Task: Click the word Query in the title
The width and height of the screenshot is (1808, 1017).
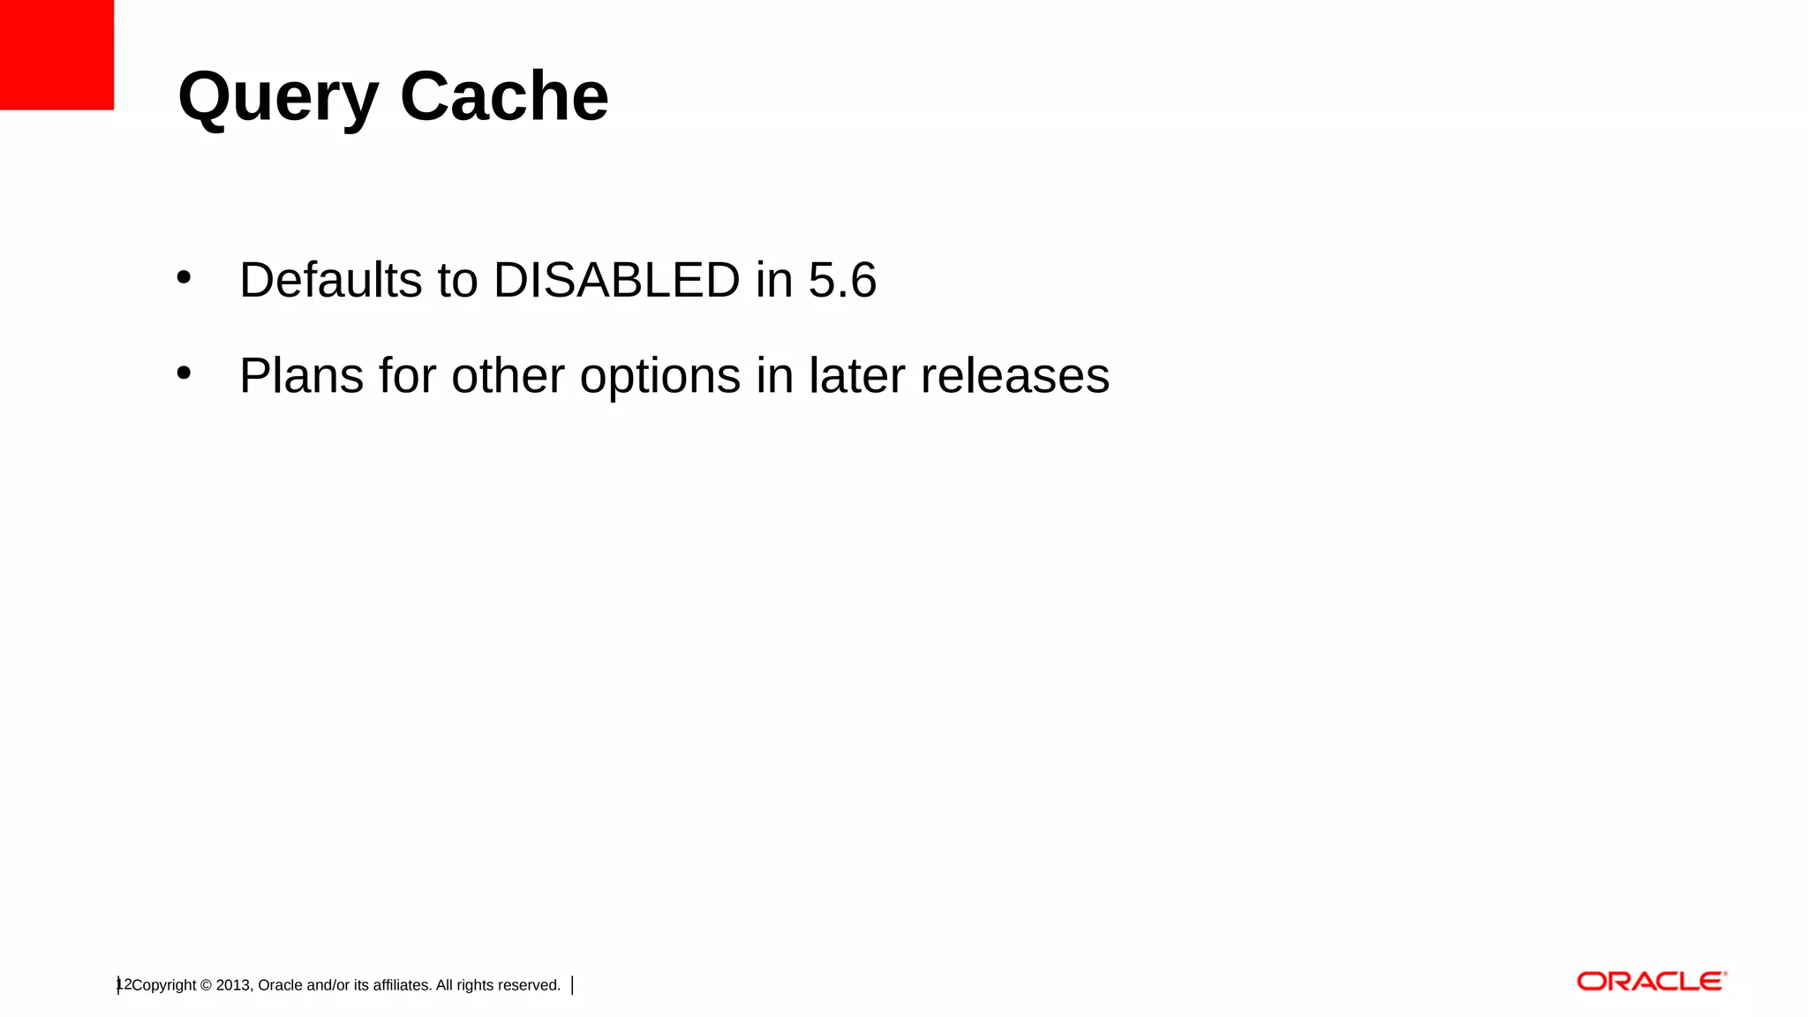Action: click(x=278, y=97)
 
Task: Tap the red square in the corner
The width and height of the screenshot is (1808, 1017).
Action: click(x=56, y=55)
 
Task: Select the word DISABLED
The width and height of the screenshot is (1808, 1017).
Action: click(x=616, y=280)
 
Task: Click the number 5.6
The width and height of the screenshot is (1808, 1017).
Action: click(x=842, y=280)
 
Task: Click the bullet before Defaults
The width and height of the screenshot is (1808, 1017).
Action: click(x=184, y=277)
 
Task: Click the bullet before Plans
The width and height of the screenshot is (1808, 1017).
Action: click(x=184, y=373)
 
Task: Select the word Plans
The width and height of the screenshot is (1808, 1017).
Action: click(x=301, y=375)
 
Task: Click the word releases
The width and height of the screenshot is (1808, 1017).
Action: click(x=1014, y=375)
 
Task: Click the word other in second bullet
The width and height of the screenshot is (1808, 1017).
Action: click(x=508, y=375)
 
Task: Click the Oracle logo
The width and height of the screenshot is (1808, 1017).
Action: click(x=1651, y=982)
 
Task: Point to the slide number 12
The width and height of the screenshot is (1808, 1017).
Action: click(x=124, y=984)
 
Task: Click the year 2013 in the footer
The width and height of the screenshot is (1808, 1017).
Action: click(x=233, y=985)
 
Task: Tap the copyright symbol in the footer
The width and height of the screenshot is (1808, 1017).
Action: click(x=206, y=985)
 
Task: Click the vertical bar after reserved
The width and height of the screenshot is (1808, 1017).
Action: click(x=573, y=985)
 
